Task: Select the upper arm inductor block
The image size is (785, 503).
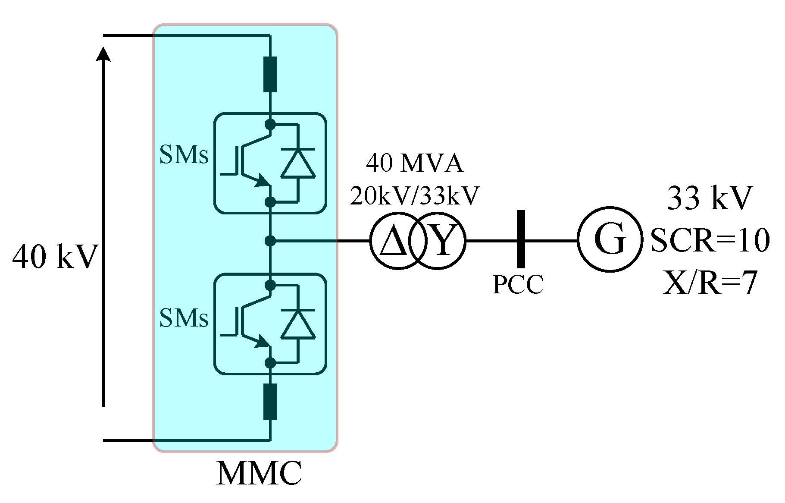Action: pyautogui.click(x=270, y=74)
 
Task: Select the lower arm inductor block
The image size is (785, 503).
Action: pyautogui.click(x=270, y=401)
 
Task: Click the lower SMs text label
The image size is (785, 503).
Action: pyautogui.click(x=184, y=318)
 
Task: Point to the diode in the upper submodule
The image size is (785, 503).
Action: pyautogui.click(x=298, y=163)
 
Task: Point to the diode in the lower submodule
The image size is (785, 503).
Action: pyautogui.click(x=298, y=324)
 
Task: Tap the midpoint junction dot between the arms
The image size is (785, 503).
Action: pyautogui.click(x=270, y=241)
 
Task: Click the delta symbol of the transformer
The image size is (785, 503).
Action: pyautogui.click(x=394, y=242)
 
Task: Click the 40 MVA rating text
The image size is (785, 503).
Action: pyautogui.click(x=414, y=163)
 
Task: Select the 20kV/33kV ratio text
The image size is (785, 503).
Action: pyautogui.click(x=414, y=195)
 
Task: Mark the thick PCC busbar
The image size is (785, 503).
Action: pyautogui.click(x=521, y=239)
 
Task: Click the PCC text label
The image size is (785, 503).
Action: pyautogui.click(x=518, y=284)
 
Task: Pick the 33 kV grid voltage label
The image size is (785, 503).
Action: pyautogui.click(x=710, y=198)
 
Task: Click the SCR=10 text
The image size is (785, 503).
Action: pyautogui.click(x=710, y=240)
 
